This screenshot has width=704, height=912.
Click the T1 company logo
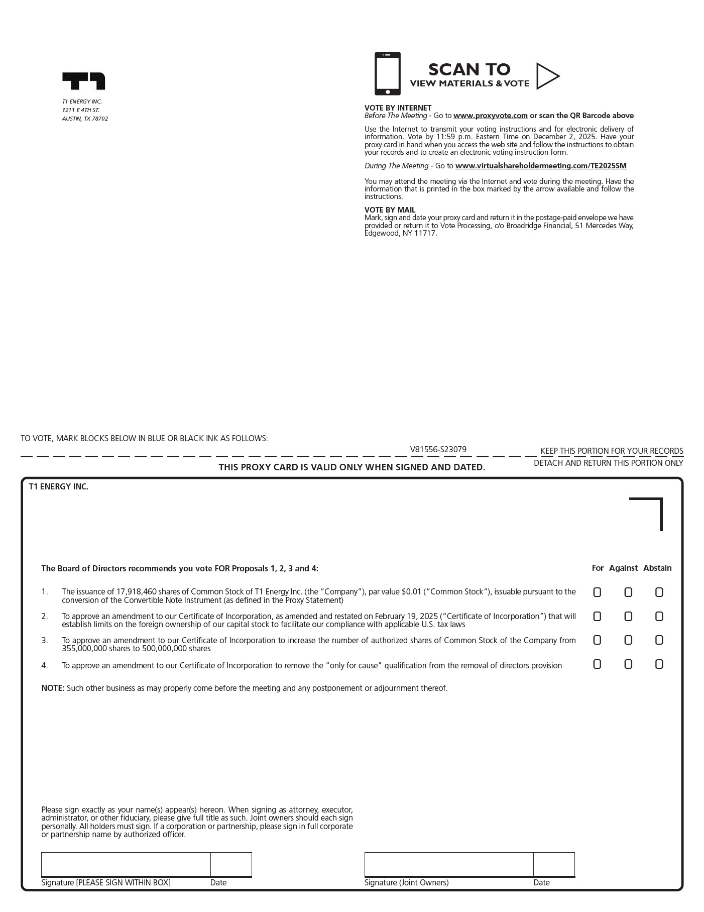point(83,81)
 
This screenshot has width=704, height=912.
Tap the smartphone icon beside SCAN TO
point(387,73)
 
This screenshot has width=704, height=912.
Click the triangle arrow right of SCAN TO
point(547,76)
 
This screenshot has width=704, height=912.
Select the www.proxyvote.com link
point(490,116)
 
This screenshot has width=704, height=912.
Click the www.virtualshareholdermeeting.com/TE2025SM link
point(541,166)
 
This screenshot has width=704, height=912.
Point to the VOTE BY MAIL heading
point(390,210)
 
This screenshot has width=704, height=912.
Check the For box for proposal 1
point(597,592)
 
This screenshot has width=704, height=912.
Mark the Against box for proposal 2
point(628,617)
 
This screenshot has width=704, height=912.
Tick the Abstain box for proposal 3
point(659,640)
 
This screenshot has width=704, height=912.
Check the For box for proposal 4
point(597,664)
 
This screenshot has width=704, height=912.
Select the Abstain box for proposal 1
point(659,592)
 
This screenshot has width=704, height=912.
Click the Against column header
point(623,568)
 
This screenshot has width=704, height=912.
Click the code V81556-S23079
point(438,450)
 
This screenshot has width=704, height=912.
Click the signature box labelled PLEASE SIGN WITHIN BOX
point(126,864)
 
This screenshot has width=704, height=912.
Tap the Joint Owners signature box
point(448,864)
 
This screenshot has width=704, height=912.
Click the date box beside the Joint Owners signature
point(554,864)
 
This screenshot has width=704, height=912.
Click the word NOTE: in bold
point(53,688)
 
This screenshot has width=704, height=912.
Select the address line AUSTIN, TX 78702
point(85,119)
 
